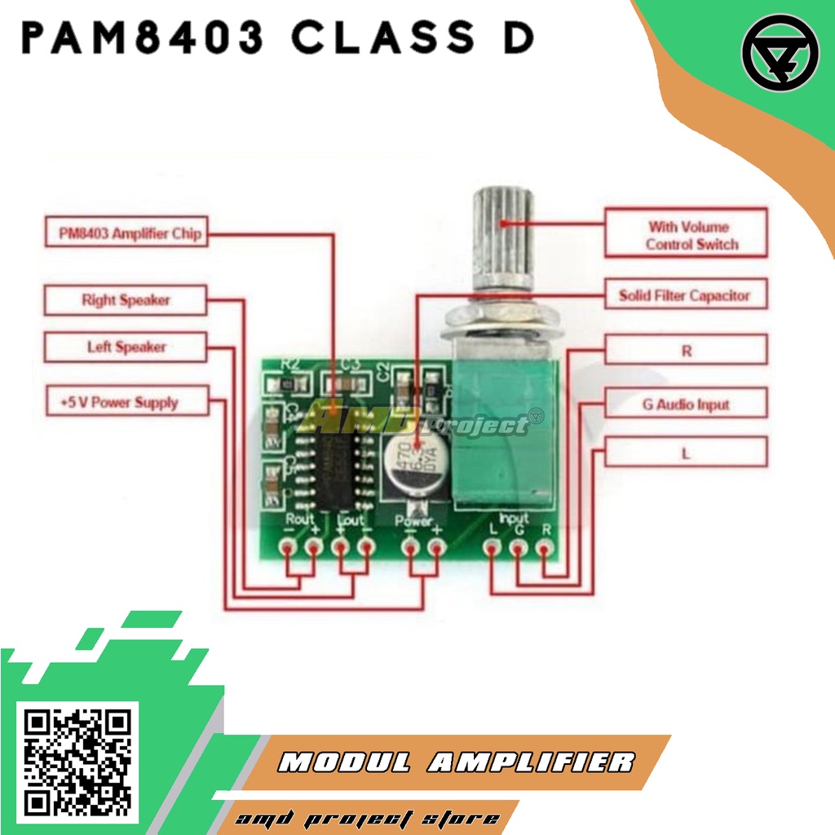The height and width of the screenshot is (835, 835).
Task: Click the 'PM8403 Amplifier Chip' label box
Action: tap(124, 233)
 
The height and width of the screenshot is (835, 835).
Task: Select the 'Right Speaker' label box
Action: tap(125, 300)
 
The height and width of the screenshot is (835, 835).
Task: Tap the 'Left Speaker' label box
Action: tap(125, 347)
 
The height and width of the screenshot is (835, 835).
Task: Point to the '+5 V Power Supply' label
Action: tap(125, 402)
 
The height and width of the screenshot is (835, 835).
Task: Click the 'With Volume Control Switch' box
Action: tap(686, 235)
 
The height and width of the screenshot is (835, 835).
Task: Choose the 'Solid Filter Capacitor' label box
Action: tap(686, 295)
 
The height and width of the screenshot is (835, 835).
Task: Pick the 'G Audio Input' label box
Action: tap(686, 404)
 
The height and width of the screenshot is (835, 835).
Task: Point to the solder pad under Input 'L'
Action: tap(492, 548)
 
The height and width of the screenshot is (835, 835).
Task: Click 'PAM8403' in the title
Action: tap(144, 38)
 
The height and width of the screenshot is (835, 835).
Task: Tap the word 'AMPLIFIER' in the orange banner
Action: tap(530, 762)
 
